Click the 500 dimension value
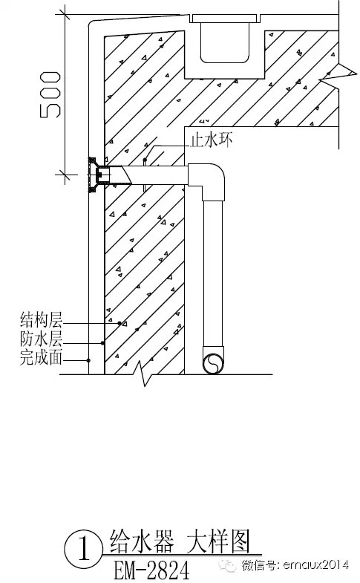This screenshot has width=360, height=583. tap(50, 95)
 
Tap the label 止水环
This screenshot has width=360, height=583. tap(212, 140)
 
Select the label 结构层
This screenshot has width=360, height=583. tap(42, 320)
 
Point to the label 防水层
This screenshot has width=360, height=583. tap(42, 339)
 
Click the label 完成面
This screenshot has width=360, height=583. tap(41, 357)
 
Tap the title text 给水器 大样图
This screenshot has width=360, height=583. tap(180, 541)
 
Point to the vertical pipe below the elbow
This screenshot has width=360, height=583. tap(214, 273)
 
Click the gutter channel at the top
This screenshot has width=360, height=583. tap(224, 47)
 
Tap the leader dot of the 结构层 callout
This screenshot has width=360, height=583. tap(120, 324)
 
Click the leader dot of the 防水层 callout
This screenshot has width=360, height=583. tap(102, 342)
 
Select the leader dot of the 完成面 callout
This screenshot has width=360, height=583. tap(88, 360)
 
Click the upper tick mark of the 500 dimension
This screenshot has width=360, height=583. tap(65, 15)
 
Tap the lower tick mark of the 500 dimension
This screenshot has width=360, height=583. tap(65, 174)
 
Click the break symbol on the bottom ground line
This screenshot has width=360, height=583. tap(143, 374)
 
